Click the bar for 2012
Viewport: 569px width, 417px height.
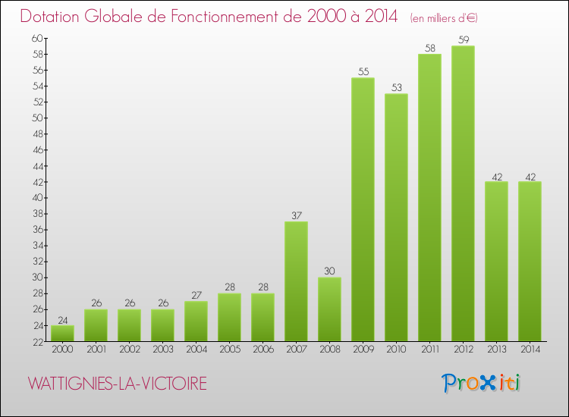tap(463, 193)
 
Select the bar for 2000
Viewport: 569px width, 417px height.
tap(62, 334)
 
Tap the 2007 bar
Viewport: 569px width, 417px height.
tap(296, 281)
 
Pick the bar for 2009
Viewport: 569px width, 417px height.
tap(363, 209)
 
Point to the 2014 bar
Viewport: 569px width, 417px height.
tap(530, 262)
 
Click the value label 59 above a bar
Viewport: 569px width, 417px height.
tap(463, 39)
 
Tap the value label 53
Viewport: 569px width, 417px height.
tap(396, 87)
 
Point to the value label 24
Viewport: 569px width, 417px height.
tap(62, 319)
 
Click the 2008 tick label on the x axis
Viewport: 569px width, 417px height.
tap(329, 350)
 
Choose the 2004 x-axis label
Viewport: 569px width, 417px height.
tap(196, 350)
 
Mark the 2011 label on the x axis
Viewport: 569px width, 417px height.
tap(429, 350)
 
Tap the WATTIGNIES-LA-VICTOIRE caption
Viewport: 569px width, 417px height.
tap(117, 384)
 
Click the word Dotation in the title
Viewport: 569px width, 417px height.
tap(55, 16)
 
